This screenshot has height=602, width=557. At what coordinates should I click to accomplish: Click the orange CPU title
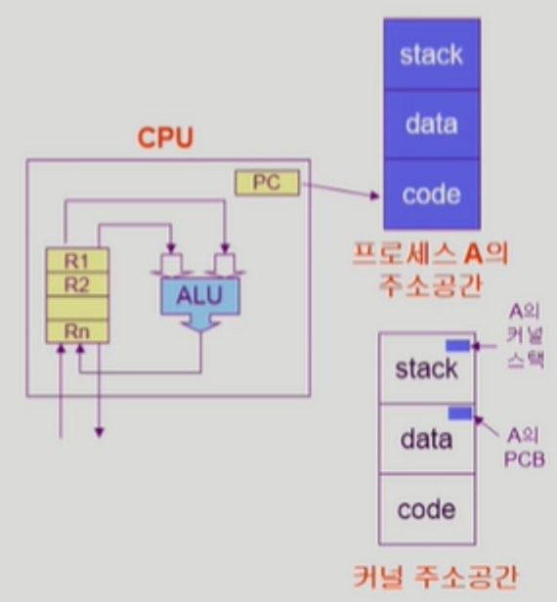165,138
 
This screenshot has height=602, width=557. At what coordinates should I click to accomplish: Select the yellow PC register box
267,183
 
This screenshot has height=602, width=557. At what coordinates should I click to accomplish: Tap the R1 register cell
77,261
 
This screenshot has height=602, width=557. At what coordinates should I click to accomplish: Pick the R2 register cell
77,284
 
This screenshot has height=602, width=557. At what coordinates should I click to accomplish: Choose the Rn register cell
77,331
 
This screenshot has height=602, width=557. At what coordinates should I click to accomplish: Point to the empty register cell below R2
77,308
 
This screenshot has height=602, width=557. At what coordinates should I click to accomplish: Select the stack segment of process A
432,55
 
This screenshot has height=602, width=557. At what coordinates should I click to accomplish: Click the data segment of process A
432,124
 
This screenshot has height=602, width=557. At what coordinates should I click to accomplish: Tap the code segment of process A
432,194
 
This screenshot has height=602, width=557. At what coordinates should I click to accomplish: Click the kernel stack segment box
427,368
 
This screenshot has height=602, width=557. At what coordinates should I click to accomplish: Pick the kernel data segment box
427,439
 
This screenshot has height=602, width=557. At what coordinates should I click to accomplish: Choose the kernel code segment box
427,509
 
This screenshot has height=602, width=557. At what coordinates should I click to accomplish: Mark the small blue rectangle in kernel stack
457,346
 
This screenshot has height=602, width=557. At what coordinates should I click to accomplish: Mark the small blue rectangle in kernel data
460,413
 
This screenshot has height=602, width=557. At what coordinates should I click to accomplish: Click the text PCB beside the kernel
525,459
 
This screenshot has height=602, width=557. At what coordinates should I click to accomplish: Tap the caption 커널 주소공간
435,577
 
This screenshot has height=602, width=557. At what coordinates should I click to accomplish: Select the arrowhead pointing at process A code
374,195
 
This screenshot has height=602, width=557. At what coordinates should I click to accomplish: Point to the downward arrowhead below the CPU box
99,433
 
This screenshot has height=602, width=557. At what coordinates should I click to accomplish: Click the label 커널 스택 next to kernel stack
525,348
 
